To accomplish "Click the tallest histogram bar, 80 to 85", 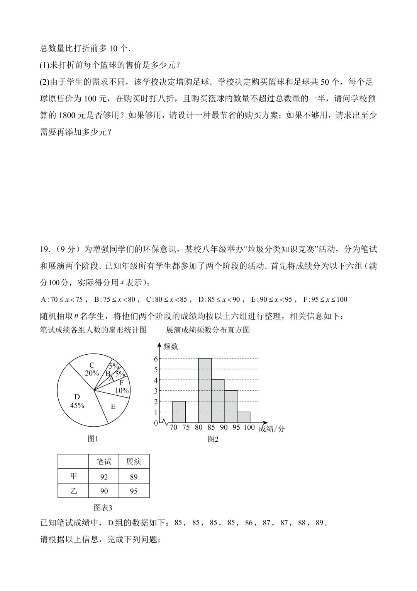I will (205, 391).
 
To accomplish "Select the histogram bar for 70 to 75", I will (179, 412).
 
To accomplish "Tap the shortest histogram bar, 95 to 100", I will (244, 418).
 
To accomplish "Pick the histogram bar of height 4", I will (218, 401).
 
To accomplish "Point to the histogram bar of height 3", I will (231, 407).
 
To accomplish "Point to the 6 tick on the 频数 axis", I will (156, 359).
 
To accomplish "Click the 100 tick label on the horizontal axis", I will (249, 427).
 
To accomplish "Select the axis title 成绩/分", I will (271, 429).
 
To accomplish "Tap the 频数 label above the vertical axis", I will (170, 347).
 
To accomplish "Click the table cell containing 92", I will (104, 477).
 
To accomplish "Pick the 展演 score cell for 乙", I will (134, 491).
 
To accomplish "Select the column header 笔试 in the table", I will (104, 462).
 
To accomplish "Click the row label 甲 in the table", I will (73, 477).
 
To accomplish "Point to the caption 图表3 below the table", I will (103, 507).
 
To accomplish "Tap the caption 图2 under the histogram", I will (213, 439).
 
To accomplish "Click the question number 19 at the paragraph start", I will (45, 249).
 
